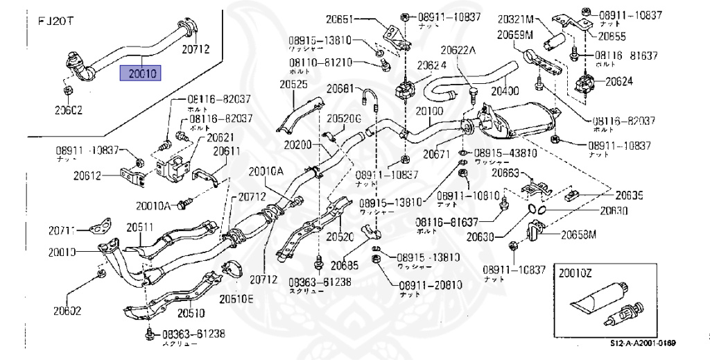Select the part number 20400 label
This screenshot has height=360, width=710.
click(504, 90)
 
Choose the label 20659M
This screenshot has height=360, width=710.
click(514, 33)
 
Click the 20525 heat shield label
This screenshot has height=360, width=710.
click(293, 85)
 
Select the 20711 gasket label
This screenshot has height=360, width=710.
click(63, 229)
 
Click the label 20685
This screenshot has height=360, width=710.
click(345, 264)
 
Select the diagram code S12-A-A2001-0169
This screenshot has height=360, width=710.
click(643, 343)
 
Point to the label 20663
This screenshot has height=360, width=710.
click(505, 173)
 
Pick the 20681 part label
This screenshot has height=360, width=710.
click(341, 89)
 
